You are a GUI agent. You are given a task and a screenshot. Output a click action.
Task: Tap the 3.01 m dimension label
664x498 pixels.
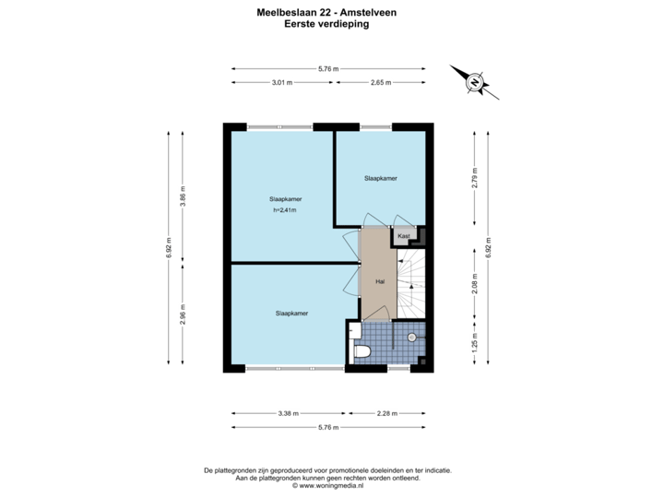281,82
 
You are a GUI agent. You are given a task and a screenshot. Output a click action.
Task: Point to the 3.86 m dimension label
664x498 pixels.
183,197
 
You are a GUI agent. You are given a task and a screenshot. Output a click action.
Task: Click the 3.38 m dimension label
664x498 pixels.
288,412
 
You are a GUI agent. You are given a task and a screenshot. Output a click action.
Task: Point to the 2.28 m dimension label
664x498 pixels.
386,412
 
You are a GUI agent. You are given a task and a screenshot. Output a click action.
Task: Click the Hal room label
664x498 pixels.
379,281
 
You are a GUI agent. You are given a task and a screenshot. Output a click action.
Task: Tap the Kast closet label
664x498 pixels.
404,237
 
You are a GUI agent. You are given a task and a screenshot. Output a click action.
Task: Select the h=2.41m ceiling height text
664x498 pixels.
286,210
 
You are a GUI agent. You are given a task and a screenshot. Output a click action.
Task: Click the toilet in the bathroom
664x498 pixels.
361,350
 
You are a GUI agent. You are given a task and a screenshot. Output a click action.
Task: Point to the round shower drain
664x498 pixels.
409,338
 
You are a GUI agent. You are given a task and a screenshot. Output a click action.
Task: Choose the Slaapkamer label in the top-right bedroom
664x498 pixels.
381,178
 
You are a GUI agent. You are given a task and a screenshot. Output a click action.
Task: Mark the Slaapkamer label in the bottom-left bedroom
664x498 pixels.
291,314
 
